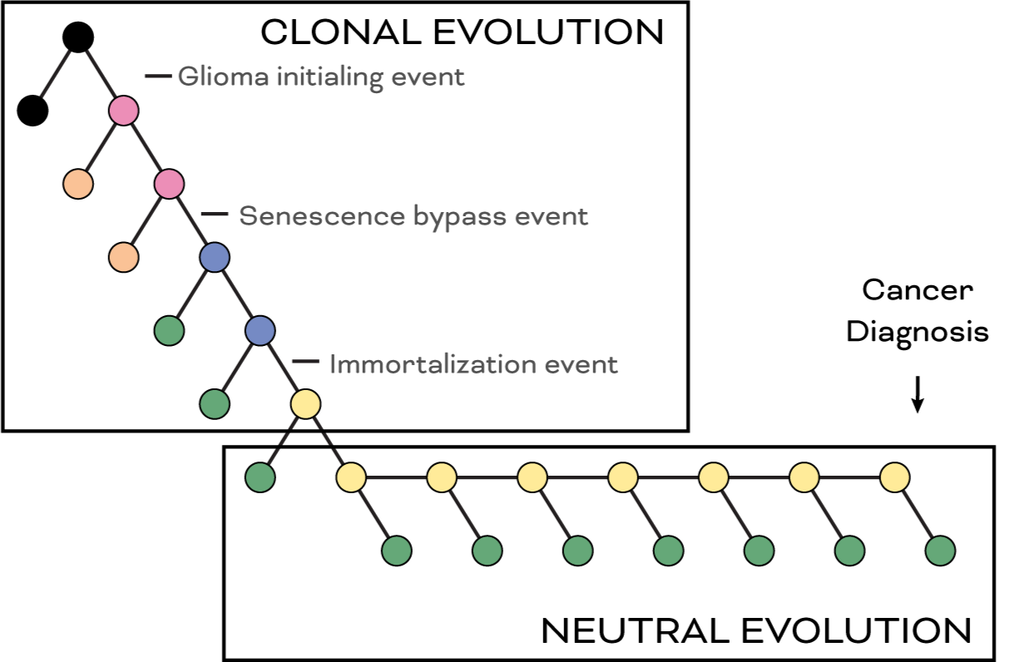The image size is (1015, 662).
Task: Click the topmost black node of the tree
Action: [78, 37]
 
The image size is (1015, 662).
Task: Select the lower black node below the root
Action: [33, 110]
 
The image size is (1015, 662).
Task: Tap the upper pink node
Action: [123, 111]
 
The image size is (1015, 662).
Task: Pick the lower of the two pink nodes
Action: [169, 183]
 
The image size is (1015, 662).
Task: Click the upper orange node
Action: [78, 183]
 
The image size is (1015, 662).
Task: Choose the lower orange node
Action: [124, 257]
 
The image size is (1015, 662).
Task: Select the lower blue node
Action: [260, 330]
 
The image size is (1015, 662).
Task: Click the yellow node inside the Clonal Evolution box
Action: [305, 403]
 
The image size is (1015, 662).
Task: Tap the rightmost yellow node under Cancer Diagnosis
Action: [894, 477]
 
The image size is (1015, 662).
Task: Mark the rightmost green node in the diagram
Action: [940, 550]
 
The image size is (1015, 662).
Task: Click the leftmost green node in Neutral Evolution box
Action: [260, 477]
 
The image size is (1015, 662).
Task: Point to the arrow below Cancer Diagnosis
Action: [917, 394]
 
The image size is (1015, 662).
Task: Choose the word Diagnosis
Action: [918, 332]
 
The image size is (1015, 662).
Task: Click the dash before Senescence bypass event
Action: [214, 215]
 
